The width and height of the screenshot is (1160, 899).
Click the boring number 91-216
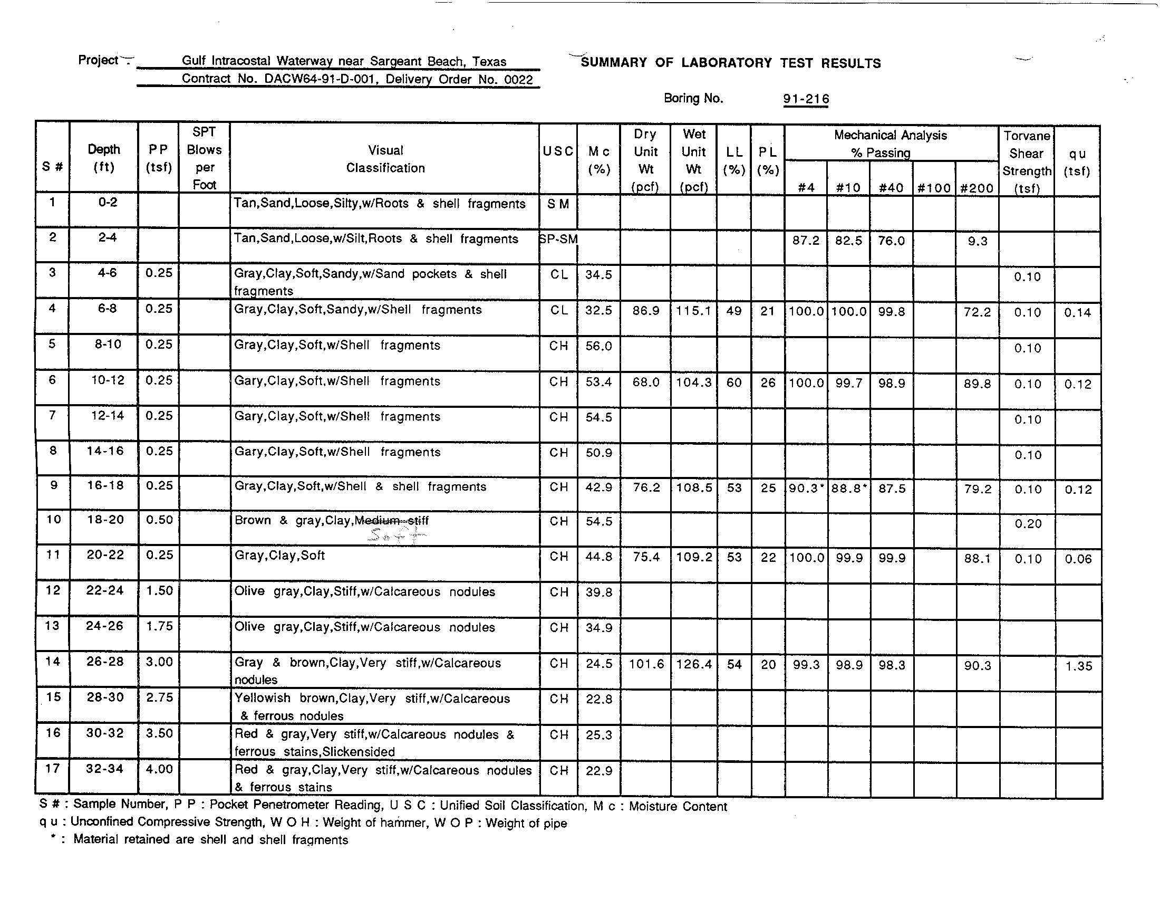click(x=806, y=99)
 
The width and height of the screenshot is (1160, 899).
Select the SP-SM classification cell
click(x=558, y=240)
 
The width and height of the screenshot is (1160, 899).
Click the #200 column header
click(x=977, y=188)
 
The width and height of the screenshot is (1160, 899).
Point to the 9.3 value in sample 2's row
click(x=977, y=241)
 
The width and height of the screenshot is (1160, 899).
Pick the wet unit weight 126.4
click(x=693, y=665)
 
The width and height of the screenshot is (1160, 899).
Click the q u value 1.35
click(x=1078, y=666)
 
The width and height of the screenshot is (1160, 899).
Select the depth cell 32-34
click(x=104, y=768)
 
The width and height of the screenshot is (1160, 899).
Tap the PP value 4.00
click(x=159, y=769)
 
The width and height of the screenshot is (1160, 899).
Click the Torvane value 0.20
click(x=1028, y=524)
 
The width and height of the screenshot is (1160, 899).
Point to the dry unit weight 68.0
click(x=645, y=382)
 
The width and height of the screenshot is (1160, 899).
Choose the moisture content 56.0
click(x=598, y=347)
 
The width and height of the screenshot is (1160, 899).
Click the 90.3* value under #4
click(x=806, y=489)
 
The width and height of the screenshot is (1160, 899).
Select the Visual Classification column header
click(x=385, y=159)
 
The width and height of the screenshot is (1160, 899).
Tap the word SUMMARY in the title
click(x=613, y=63)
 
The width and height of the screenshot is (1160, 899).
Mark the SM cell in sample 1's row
click(x=558, y=205)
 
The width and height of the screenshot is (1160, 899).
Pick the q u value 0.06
click(x=1078, y=559)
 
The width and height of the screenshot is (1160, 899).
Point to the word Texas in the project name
click(x=489, y=62)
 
